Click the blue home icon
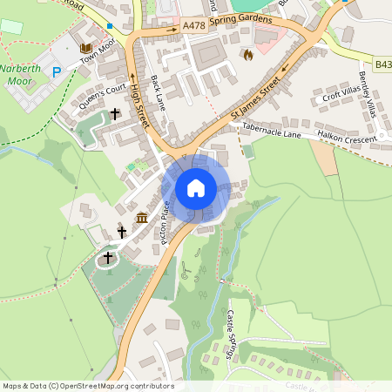point(196,188)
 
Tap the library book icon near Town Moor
point(85,47)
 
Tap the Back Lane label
point(158,92)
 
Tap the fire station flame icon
point(248,55)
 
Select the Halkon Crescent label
point(348,136)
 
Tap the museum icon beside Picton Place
point(142,217)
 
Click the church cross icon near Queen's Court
point(116,114)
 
